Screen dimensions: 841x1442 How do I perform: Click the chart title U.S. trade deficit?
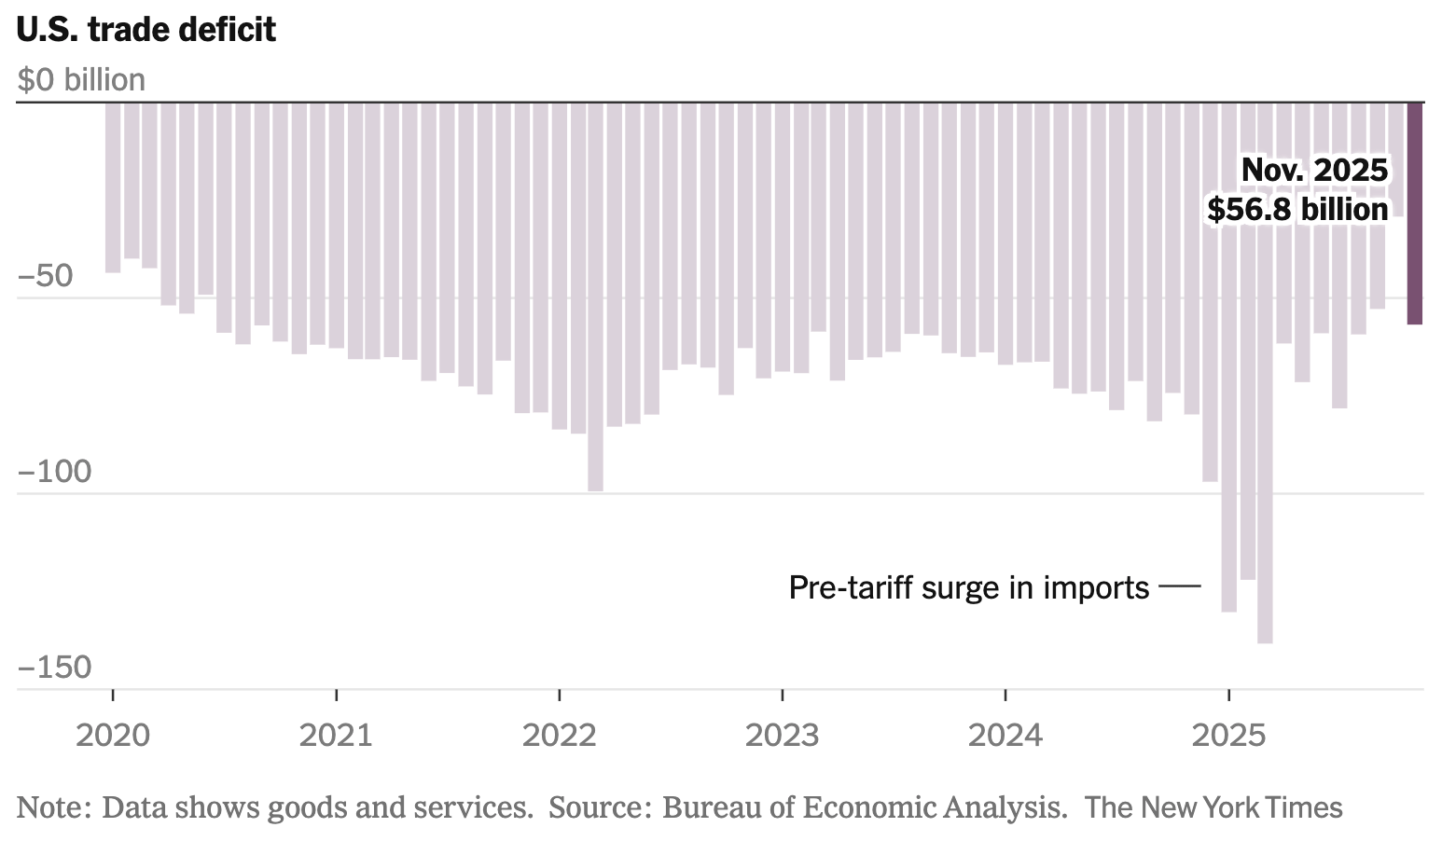146,30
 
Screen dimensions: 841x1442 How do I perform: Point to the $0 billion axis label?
81,80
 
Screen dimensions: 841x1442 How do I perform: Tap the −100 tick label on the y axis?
55,473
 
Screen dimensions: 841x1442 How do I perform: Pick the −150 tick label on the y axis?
55,668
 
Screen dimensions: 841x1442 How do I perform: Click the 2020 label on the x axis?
113,736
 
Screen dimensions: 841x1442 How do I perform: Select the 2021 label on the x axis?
336,736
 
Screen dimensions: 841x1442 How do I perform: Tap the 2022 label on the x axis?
559,736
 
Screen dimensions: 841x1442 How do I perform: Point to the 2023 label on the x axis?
782,736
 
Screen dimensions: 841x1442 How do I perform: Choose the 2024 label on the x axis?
1005,736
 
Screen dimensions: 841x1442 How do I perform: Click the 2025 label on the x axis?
1228,736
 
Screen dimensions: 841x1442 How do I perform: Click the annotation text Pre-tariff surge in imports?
968,587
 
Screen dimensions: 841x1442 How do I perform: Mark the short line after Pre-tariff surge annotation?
1180,586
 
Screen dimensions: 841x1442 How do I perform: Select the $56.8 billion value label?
1297,210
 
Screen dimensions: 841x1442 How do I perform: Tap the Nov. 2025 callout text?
1314,171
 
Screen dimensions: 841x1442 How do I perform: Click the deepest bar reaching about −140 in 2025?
1265,373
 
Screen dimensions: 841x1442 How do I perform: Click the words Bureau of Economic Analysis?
864,807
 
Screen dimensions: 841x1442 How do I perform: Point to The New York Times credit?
1213,807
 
